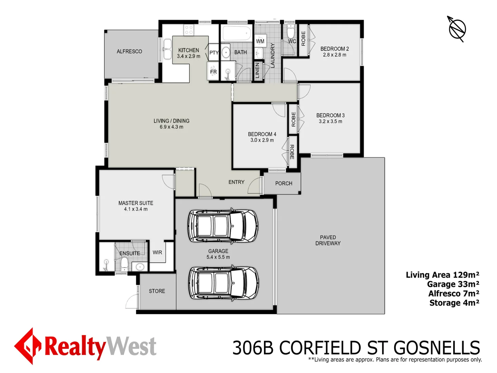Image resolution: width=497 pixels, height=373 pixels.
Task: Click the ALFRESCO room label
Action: click(129, 51)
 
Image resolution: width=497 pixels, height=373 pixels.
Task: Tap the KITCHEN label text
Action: click(188, 50)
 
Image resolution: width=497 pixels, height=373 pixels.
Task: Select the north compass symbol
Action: click(457, 29)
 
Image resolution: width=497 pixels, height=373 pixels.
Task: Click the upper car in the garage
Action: click(223, 226)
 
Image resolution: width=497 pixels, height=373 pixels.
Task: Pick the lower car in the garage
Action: click(223, 283)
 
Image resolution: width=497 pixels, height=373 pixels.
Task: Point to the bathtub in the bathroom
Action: click(236, 34)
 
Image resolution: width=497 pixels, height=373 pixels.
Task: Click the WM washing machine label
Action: click(260, 41)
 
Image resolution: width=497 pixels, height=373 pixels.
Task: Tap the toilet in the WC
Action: click(291, 32)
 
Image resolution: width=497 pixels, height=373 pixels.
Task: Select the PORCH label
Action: click(284, 183)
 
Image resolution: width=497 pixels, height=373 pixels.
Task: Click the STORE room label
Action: click(157, 291)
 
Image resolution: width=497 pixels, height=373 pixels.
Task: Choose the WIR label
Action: click(157, 252)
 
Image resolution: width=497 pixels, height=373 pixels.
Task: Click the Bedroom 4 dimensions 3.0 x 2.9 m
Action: click(262, 140)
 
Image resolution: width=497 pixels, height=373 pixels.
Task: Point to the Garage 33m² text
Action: click(453, 284)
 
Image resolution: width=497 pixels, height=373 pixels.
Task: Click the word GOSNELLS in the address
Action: click(437, 348)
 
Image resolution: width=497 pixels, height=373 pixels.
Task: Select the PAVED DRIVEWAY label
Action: click(328, 240)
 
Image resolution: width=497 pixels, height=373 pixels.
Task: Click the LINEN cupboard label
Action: click(257, 70)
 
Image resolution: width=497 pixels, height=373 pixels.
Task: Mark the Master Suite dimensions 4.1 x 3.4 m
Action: click(136, 209)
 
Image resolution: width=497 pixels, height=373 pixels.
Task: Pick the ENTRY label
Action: click(236, 182)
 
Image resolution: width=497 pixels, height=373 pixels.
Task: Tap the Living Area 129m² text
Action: click(442, 275)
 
